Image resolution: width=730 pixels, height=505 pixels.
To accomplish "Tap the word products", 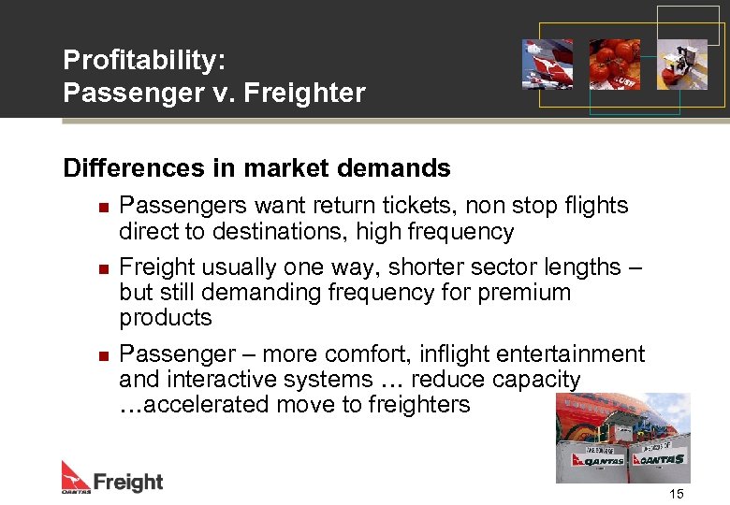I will click(x=166, y=318).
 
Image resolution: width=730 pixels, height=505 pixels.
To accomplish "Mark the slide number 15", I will click(x=677, y=493).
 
